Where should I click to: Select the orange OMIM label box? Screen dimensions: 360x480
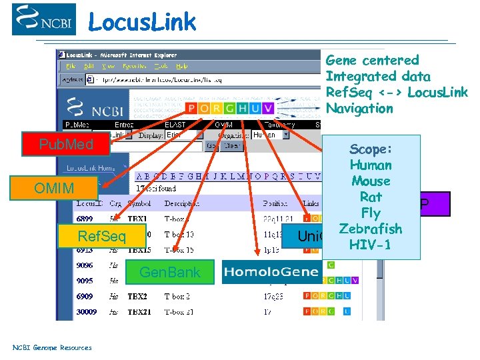point(55,189)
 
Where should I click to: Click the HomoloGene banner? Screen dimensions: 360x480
point(271,272)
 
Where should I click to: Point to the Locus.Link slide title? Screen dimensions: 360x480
point(142,22)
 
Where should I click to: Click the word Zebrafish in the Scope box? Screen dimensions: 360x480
point(371,229)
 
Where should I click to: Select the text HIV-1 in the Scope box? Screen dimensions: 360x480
point(371,245)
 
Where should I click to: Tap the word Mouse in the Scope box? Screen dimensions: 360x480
point(371,181)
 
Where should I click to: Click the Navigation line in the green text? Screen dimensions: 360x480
point(359,108)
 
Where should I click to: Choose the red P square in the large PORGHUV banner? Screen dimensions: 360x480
point(191,108)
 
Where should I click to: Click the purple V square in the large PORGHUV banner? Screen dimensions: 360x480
point(267,108)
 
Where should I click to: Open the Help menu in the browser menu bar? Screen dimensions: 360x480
point(182,67)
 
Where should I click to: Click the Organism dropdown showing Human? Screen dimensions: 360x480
point(270,135)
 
